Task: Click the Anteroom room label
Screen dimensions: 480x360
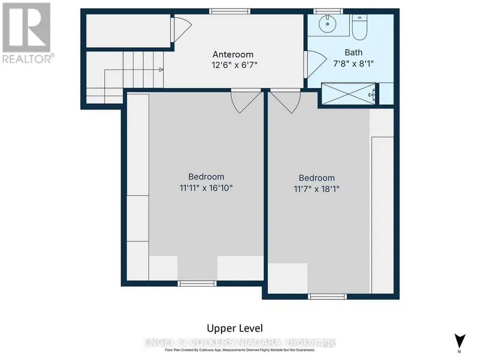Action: click(233, 54)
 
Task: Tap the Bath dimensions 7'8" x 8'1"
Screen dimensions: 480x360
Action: click(353, 64)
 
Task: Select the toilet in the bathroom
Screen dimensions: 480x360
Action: click(359, 27)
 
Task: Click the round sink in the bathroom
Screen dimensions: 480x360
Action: click(327, 24)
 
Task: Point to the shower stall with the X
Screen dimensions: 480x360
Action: click(348, 94)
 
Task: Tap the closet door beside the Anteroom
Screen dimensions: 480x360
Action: click(181, 29)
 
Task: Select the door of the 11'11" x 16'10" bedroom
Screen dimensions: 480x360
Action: click(246, 101)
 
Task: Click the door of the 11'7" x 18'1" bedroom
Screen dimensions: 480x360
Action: click(285, 101)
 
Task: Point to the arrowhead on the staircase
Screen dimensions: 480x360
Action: click(161, 70)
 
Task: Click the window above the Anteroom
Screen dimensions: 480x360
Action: click(229, 12)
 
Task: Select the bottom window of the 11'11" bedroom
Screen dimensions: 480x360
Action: click(197, 284)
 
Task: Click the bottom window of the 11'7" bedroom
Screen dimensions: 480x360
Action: click(327, 296)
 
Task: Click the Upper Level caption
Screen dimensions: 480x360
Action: click(235, 329)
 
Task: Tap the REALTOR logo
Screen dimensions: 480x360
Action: click(27, 33)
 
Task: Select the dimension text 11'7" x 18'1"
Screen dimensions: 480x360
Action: click(317, 189)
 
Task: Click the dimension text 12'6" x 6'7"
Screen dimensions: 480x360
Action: click(234, 65)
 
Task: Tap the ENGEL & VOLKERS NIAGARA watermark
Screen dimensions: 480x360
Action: click(240, 343)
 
